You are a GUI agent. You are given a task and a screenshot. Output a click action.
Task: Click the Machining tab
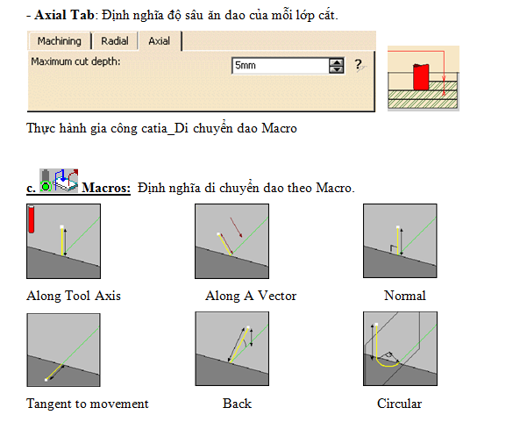click(x=59, y=41)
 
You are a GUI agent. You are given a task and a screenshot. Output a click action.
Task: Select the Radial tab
click(x=115, y=41)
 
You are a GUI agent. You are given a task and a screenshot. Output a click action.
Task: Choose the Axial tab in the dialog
click(x=160, y=41)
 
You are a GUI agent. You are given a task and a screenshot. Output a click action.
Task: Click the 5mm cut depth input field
click(x=280, y=66)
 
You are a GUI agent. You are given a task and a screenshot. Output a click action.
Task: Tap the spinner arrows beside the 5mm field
click(x=337, y=66)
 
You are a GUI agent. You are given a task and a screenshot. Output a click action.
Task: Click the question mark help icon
click(x=360, y=65)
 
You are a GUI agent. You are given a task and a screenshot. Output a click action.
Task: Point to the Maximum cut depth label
click(x=75, y=61)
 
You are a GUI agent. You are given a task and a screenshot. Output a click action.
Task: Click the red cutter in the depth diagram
click(x=421, y=76)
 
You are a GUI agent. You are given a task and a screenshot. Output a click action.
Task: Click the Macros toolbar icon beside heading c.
click(x=59, y=181)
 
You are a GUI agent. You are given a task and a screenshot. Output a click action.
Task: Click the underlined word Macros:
click(x=106, y=188)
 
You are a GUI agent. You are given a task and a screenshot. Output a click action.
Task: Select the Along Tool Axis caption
click(x=74, y=296)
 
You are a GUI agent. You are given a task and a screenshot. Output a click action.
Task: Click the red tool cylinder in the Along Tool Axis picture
click(x=32, y=219)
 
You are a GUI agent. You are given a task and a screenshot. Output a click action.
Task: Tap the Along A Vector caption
click(x=251, y=296)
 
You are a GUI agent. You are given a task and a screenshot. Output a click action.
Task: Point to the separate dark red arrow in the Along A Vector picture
click(x=236, y=227)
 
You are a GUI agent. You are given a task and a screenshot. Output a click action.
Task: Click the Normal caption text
click(x=405, y=296)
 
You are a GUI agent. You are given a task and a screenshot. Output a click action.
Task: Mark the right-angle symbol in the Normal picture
click(x=393, y=249)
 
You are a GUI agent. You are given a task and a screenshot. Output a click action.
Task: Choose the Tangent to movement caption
click(x=88, y=404)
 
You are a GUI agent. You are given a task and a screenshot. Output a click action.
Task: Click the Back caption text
click(x=237, y=404)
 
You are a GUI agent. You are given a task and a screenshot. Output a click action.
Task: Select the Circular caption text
click(x=399, y=404)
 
